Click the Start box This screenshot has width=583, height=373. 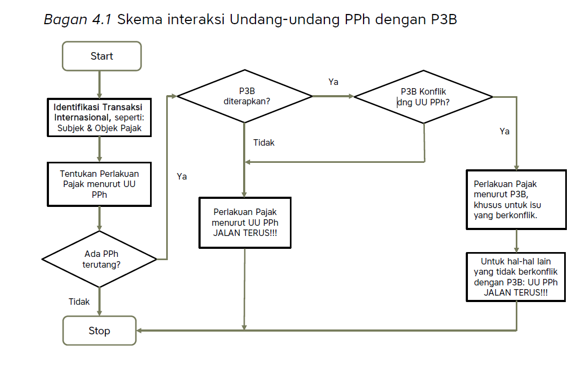pos(102,56)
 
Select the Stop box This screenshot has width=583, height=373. pos(99,331)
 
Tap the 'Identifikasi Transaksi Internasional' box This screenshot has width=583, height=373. pos(99,117)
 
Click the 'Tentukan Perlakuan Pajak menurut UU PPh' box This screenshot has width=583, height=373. pos(99,183)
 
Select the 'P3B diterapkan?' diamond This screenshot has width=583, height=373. pos(245,96)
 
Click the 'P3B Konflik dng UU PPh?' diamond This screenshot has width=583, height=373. pos(423,97)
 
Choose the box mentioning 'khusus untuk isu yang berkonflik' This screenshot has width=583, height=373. pos(516,199)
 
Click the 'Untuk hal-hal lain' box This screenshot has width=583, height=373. pos(516,277)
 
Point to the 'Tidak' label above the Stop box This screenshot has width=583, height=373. pos(79,302)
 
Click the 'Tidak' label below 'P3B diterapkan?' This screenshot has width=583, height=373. pos(264,142)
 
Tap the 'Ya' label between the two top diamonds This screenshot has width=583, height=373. pos(333,82)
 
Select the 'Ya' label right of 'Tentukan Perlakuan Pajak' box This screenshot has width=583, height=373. pos(182,176)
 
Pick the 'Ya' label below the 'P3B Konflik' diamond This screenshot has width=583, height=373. pos(504,131)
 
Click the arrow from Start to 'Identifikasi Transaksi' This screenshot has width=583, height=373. pos(99,84)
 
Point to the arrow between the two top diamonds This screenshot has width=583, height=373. pos(333,97)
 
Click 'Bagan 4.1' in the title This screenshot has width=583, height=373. pos(77,20)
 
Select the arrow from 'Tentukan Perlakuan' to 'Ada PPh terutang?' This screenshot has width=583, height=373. pos(99,218)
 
